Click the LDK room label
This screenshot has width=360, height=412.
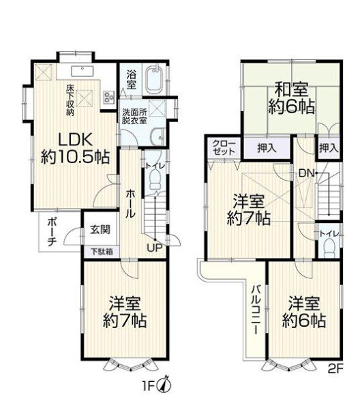point(74,149)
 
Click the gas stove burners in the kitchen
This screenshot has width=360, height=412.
point(108,97)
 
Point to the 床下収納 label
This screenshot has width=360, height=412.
point(70,100)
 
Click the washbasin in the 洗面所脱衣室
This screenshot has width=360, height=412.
point(157,136)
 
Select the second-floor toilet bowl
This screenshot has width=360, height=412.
point(329,248)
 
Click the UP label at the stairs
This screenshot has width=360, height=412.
point(154,248)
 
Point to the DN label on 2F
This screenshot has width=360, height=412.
point(307,173)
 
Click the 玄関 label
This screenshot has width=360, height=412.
point(100,230)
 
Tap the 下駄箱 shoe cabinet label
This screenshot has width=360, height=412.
point(102,252)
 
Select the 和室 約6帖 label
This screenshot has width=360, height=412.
point(291,98)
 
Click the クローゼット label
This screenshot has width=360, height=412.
point(224,147)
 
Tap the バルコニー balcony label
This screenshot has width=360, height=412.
point(256,310)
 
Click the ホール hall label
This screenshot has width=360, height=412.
point(130,203)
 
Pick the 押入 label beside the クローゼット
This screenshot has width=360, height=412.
point(267,149)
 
